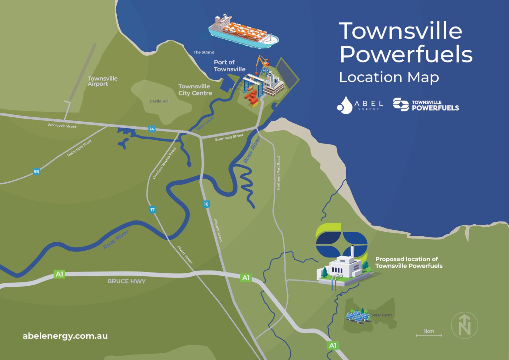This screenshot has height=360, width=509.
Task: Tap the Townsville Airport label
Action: [x=102, y=81]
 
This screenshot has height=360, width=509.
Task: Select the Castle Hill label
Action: [x=159, y=101]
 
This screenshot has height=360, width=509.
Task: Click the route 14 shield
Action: [x=152, y=129]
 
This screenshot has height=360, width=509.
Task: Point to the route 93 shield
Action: [x=36, y=171]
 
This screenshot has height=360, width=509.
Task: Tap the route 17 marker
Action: [x=152, y=210]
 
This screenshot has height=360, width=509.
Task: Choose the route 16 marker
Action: [x=206, y=204]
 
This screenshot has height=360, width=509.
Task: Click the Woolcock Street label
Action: [x=62, y=126]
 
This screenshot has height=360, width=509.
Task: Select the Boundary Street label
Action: [x=229, y=137]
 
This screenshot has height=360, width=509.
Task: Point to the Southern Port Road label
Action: [x=278, y=173]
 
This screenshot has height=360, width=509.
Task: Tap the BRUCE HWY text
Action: [x=126, y=281]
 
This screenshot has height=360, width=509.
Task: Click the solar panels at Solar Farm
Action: [x=358, y=316]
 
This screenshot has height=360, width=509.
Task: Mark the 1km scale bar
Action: [x=429, y=335]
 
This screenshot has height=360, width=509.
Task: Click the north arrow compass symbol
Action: [x=464, y=325]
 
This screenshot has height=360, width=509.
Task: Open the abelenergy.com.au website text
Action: [x=65, y=336]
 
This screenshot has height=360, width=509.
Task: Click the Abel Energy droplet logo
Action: [x=345, y=105]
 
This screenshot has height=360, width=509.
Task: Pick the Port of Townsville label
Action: [x=229, y=66]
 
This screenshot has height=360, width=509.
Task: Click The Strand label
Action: [x=204, y=52]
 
